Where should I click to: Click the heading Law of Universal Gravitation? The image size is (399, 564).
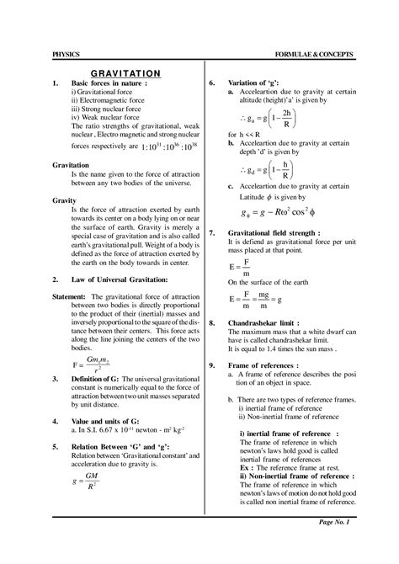pyautogui.click(x=120, y=278)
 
